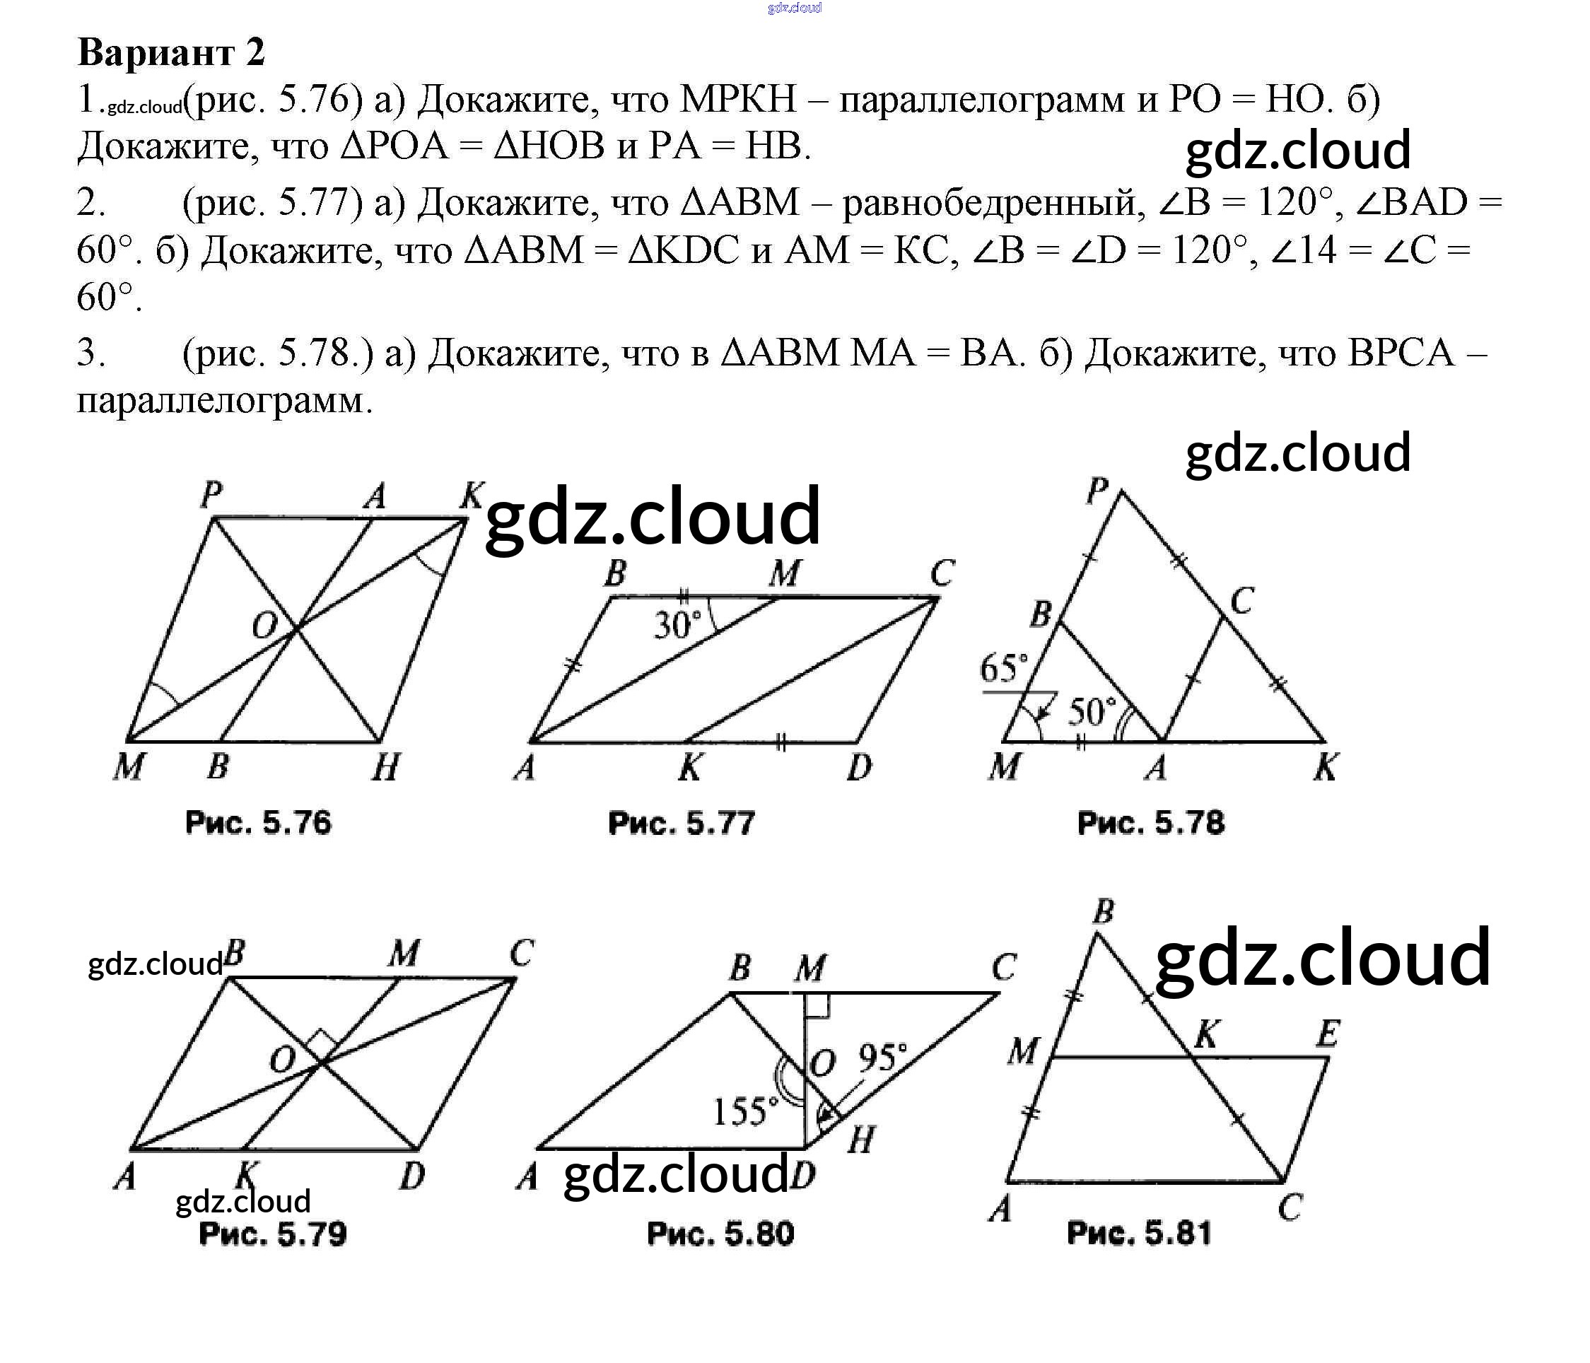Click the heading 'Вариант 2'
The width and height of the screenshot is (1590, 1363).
point(171,52)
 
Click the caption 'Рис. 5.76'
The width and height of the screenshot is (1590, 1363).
point(259,823)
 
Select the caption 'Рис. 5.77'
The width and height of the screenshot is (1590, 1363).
point(682,823)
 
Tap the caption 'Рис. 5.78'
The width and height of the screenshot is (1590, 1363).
point(1151,823)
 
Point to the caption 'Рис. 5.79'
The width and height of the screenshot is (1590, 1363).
point(272,1234)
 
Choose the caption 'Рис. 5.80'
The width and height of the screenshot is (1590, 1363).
point(720,1234)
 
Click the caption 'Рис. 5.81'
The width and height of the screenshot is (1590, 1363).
point(1139,1234)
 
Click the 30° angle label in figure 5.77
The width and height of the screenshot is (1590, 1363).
point(677,626)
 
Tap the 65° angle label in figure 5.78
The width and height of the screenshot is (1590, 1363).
point(1004,667)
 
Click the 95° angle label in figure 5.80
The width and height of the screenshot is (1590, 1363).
point(882,1058)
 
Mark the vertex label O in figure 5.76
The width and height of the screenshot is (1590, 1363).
point(264,626)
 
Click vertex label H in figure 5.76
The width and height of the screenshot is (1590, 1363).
point(386,766)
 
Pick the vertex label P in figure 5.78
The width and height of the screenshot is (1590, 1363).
point(1098,490)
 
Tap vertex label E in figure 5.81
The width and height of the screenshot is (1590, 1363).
point(1328,1034)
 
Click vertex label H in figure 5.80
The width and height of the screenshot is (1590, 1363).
point(861,1140)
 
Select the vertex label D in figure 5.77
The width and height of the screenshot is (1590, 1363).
point(860,766)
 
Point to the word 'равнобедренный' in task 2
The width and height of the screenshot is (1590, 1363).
point(989,203)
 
